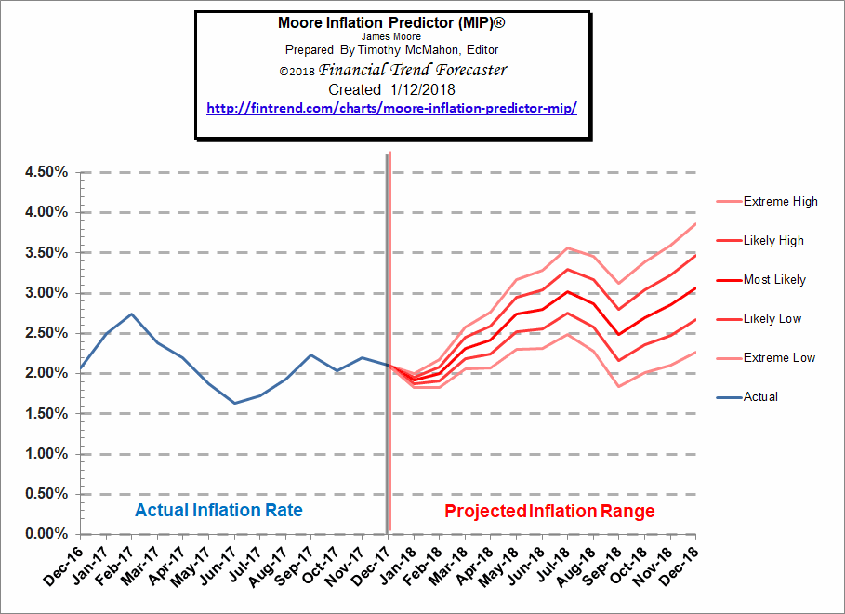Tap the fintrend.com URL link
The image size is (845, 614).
click(391, 108)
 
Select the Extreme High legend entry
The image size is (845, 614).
click(780, 201)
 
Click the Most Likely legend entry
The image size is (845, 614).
click(774, 279)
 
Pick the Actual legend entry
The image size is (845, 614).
click(760, 396)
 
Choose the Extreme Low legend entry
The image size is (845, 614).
click(779, 357)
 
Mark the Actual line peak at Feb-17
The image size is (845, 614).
click(132, 314)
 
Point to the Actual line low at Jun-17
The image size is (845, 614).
click(234, 403)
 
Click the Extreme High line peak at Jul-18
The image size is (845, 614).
click(567, 247)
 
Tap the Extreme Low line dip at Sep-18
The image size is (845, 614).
click(618, 386)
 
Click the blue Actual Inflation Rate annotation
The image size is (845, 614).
click(218, 511)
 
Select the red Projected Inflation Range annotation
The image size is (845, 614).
click(549, 511)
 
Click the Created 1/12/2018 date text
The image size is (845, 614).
click(392, 89)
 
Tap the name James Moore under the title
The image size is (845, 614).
click(392, 35)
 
